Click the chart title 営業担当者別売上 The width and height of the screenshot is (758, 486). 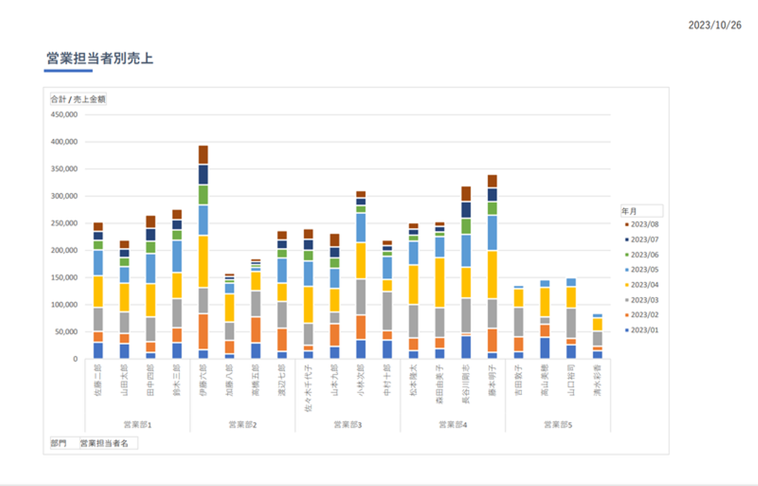[99, 58]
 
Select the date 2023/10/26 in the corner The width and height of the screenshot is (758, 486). [714, 25]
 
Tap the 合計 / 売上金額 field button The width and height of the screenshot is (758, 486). [78, 99]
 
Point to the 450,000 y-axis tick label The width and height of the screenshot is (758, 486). [64, 114]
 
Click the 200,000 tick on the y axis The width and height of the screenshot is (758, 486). [64, 250]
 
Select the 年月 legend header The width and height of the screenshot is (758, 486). [630, 211]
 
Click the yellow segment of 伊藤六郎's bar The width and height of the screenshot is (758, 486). [203, 261]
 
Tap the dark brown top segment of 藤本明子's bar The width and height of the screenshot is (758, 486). [492, 181]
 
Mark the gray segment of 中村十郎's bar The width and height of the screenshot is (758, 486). [387, 311]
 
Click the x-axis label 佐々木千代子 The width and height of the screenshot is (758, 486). [308, 388]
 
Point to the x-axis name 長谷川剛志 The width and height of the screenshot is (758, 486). [466, 384]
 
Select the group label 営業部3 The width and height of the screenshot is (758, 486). [348, 424]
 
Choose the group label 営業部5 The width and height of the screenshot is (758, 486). [558, 424]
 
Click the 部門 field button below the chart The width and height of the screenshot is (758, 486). [58, 443]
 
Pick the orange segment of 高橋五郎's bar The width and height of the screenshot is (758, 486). [256, 330]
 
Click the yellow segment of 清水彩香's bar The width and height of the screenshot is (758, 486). [597, 324]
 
